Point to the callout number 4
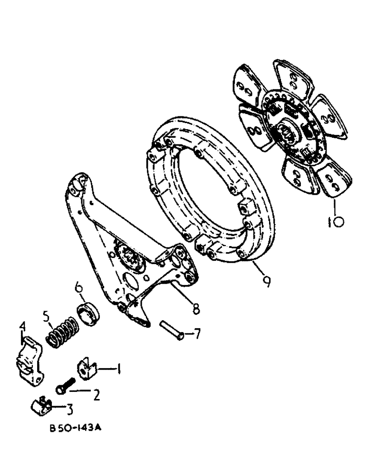click(x=22, y=327)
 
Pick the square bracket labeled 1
click(x=86, y=370)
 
